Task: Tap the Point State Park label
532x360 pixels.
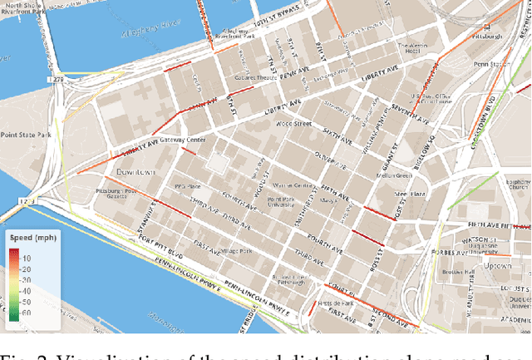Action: [26, 134]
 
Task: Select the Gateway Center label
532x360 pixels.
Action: [183, 140]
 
